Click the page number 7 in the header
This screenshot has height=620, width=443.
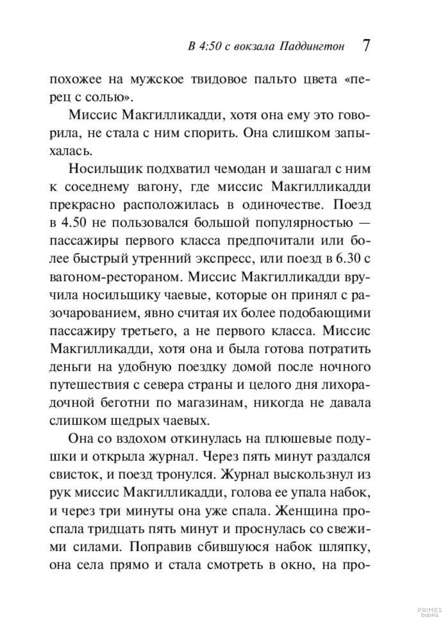coord(366,45)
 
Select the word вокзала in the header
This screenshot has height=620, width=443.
coord(254,47)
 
